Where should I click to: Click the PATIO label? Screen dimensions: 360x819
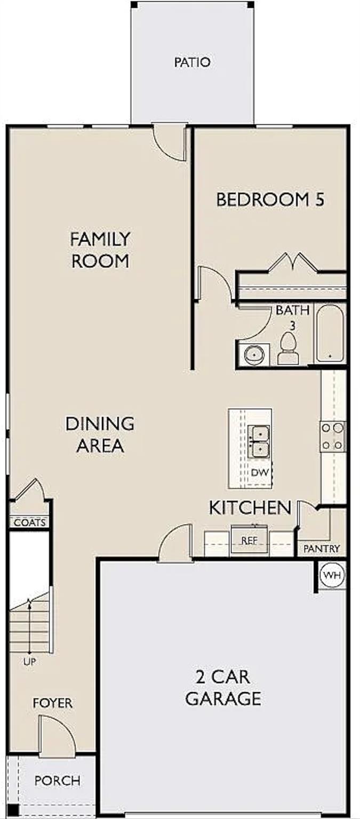tap(192, 62)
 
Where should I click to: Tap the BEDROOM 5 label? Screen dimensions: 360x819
tap(270, 199)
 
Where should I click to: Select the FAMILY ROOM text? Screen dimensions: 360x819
tap(100, 250)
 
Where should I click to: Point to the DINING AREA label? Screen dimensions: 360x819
tap(100, 435)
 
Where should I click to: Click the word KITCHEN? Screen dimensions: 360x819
tap(250, 508)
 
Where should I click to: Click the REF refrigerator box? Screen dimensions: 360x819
tap(249, 540)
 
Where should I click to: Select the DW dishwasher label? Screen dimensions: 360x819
tap(260, 472)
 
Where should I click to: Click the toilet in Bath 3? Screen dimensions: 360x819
tap(289, 348)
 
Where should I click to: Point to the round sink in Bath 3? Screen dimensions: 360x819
tap(253, 354)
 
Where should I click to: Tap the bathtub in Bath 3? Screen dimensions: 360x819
tap(330, 334)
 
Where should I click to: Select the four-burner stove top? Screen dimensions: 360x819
tap(333, 436)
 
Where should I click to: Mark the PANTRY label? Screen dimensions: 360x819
tap(322, 549)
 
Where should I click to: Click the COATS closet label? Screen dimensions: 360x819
tap(30, 523)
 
